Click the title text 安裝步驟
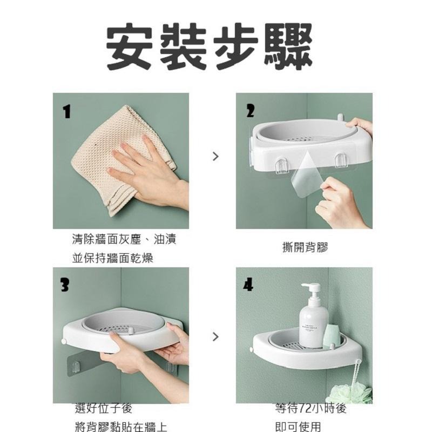(x=209, y=47)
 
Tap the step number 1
(x=66, y=112)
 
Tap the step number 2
(x=250, y=111)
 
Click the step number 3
(x=65, y=285)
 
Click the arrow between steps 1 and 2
(x=216, y=157)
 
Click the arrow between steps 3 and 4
(x=216, y=336)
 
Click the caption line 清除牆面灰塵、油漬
(x=124, y=239)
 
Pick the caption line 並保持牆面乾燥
(x=113, y=258)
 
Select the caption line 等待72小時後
(x=310, y=409)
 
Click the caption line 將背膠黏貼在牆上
(x=120, y=427)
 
